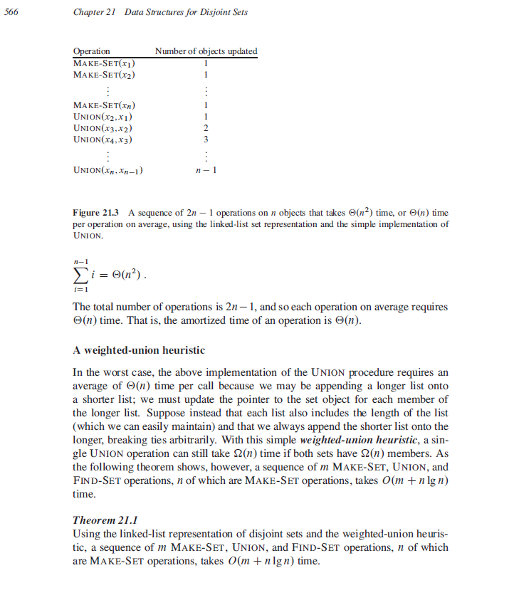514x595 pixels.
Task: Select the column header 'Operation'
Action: (92, 51)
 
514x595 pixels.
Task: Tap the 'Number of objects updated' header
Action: (206, 51)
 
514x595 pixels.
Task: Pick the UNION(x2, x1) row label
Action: (104, 116)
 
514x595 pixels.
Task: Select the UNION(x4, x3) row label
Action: (104, 139)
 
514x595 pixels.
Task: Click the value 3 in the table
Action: (206, 139)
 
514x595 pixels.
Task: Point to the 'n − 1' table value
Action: (206, 171)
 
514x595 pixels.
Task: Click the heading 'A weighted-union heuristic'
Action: (139, 351)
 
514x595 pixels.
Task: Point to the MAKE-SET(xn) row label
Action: (105, 105)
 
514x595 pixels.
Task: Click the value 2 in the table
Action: (206, 127)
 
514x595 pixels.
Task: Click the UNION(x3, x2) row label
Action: (104, 127)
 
